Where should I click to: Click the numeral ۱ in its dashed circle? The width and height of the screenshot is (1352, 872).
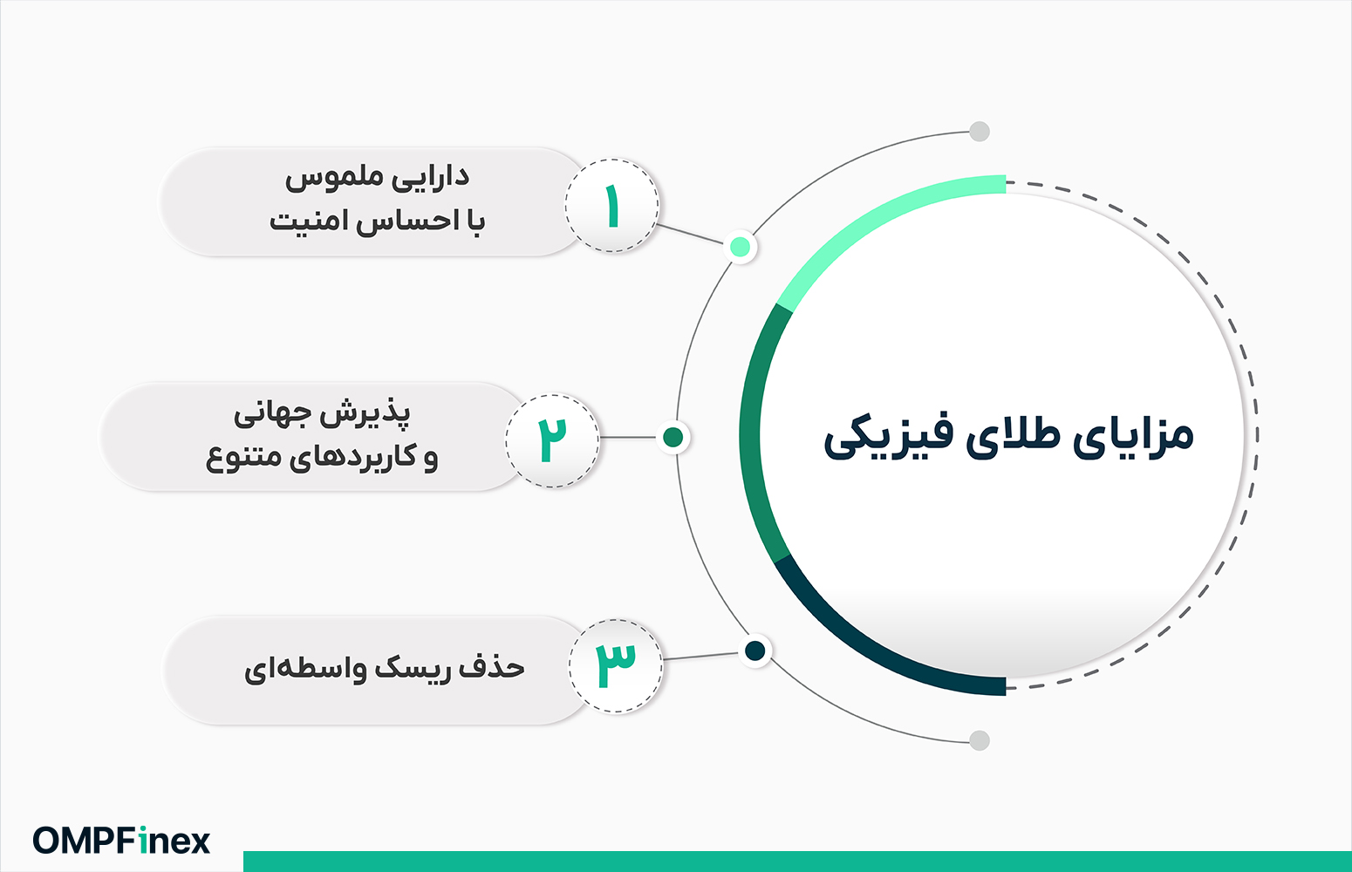(x=612, y=206)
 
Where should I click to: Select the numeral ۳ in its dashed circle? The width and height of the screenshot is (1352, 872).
(x=616, y=666)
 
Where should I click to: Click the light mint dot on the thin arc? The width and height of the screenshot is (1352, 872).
(x=741, y=247)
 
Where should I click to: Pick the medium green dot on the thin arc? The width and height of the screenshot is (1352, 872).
(x=673, y=437)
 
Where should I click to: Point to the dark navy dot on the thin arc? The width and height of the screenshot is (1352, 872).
(x=755, y=651)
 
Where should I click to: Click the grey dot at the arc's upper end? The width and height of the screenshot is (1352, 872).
(x=980, y=132)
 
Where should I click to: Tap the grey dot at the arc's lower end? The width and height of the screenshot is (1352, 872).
(x=980, y=740)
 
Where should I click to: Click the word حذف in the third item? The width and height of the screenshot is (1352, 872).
(x=492, y=669)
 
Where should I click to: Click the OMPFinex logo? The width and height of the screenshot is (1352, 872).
(x=121, y=841)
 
